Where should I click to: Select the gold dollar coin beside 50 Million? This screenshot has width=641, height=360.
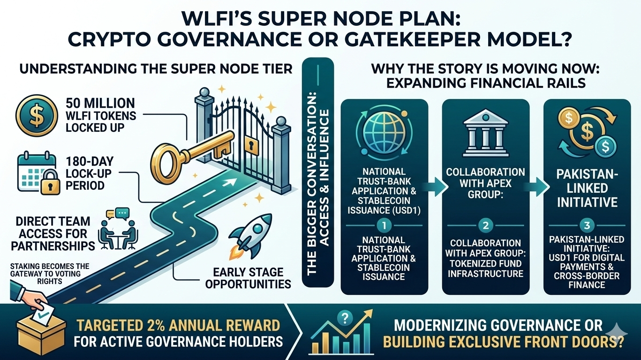pyautogui.click(x=34, y=115)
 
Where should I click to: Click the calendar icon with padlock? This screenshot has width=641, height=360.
pyautogui.click(x=36, y=174)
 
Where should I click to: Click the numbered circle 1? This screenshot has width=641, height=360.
pyautogui.click(x=384, y=225)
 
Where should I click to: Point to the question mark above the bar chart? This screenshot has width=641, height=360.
pyautogui.click(x=347, y=317)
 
